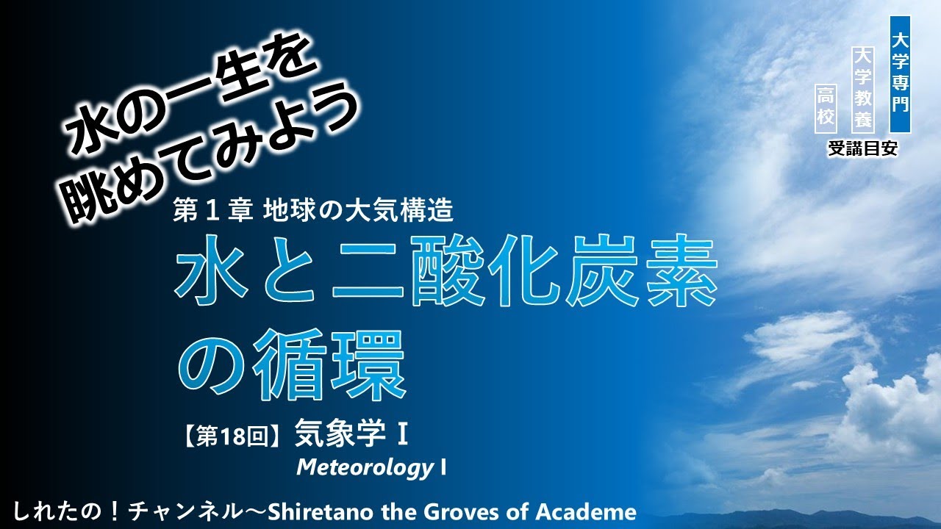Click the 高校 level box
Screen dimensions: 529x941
[x=827, y=107]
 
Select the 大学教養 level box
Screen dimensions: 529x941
[x=862, y=88]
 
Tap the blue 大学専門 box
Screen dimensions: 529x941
[x=900, y=73]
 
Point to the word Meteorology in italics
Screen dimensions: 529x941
[x=365, y=467]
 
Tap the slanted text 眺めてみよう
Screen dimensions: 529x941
[x=214, y=159]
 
